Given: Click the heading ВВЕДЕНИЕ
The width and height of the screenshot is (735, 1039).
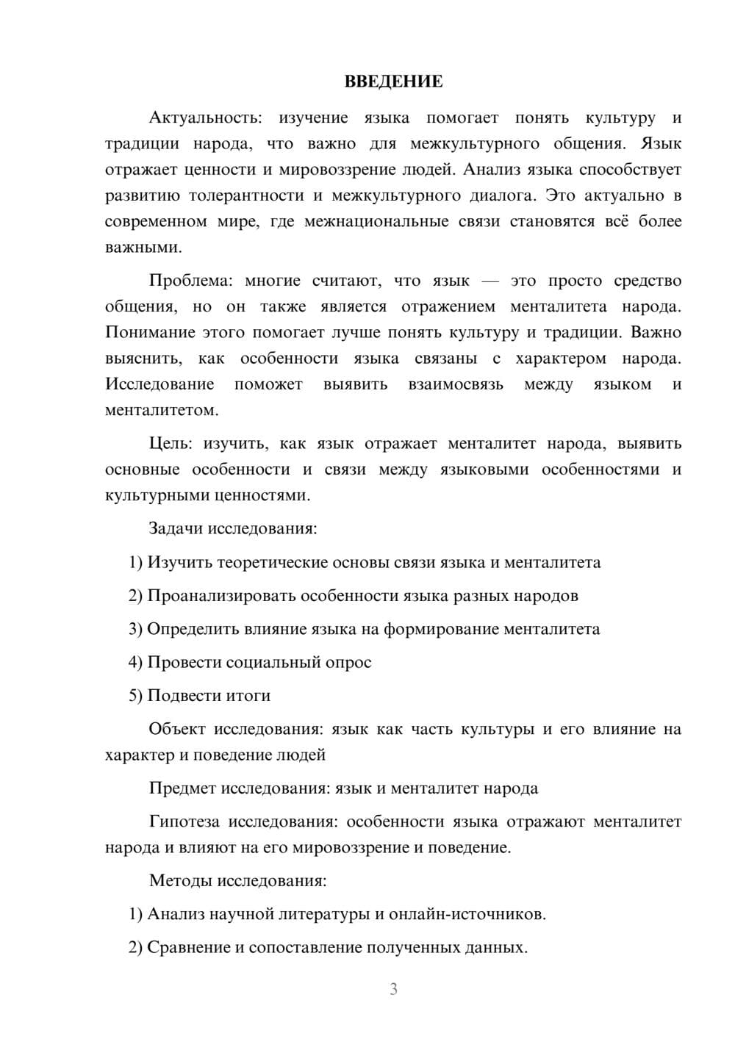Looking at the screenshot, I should pyautogui.click(x=393, y=82).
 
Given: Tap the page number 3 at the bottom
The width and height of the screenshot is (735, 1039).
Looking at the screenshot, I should pyautogui.click(x=393, y=989).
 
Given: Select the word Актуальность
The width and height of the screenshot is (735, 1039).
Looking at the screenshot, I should pyautogui.click(x=204, y=118).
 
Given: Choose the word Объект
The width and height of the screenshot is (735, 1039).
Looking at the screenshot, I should pyautogui.click(x=176, y=729).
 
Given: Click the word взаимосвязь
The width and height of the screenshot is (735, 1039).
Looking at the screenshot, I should pyautogui.click(x=456, y=384).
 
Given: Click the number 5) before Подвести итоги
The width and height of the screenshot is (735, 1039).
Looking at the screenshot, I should pyautogui.click(x=135, y=696).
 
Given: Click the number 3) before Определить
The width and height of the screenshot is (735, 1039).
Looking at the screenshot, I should pyautogui.click(x=135, y=629).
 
